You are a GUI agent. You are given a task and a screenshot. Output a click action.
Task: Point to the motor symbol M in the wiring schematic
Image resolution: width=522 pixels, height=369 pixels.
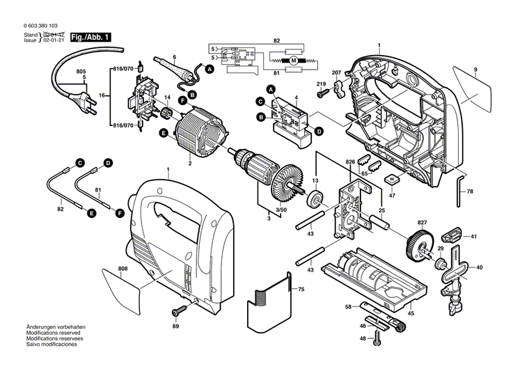point(293,62)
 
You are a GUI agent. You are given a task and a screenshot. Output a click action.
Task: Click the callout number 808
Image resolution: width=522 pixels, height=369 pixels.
point(122,269)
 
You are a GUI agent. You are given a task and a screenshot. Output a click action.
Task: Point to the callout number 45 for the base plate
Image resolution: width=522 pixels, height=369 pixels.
point(411,313)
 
